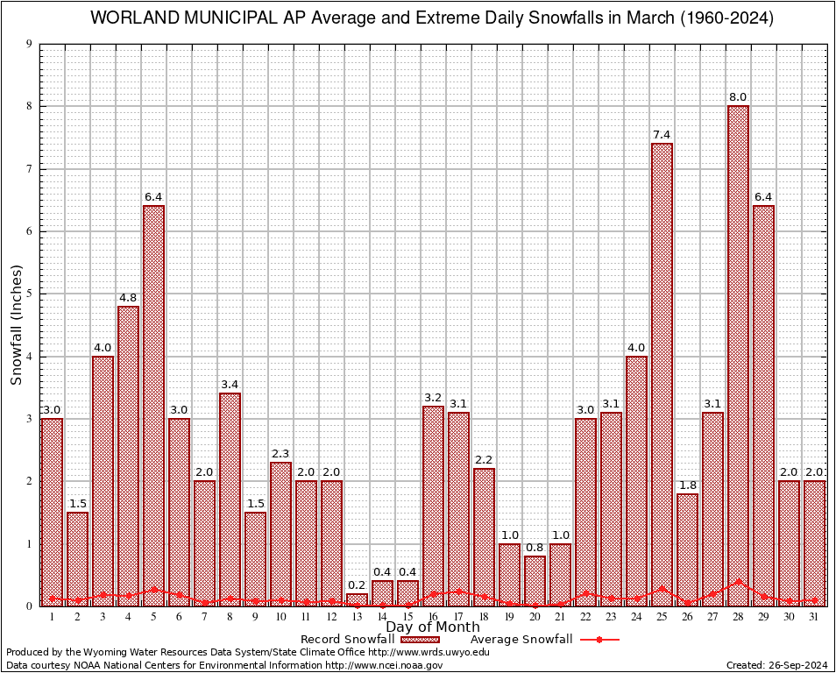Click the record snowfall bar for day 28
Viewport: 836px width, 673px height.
738,351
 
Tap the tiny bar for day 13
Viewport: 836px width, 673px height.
357,600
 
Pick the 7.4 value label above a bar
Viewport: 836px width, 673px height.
662,134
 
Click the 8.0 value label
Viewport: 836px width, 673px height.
738,96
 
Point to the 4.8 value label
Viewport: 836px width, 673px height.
128,297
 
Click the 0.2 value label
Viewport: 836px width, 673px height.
357,584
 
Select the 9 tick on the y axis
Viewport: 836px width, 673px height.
30,44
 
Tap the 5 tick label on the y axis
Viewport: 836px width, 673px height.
30,294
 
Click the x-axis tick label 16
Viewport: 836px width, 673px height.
433,617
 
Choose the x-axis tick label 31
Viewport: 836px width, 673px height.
814,617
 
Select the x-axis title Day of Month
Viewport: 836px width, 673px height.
432,627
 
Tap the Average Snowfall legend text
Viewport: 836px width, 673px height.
521,640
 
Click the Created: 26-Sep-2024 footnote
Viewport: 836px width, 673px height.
776,665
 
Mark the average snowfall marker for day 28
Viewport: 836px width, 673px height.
738,581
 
